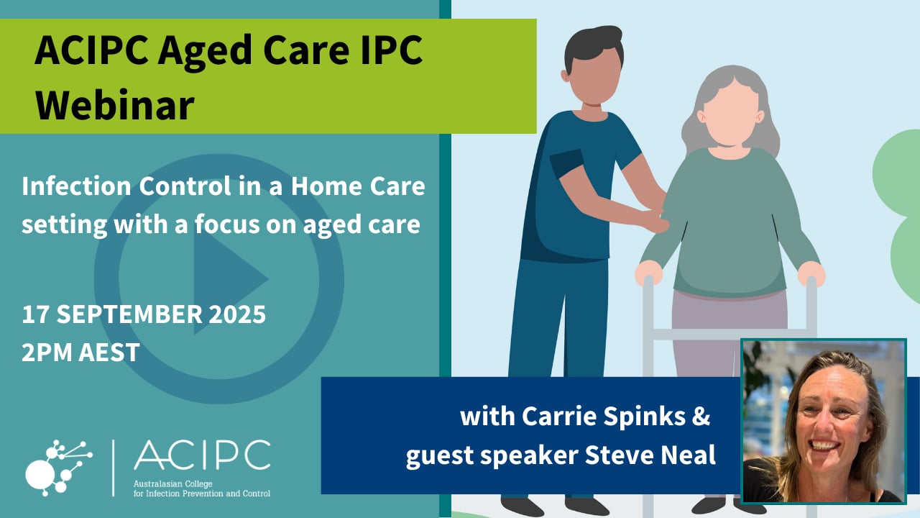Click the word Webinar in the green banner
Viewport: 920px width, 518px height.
click(x=115, y=105)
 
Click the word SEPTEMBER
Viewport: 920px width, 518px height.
click(x=129, y=314)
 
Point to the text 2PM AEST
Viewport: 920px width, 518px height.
click(x=80, y=353)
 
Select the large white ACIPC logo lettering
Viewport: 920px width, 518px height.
click(x=202, y=455)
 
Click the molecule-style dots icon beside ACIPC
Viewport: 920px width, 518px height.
click(x=58, y=468)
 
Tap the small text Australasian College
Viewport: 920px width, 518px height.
click(x=173, y=484)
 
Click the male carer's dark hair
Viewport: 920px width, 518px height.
click(x=594, y=45)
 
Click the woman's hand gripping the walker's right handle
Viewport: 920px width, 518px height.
click(x=811, y=273)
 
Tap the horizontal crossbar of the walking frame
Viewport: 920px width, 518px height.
click(x=730, y=335)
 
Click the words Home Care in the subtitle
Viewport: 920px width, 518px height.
click(x=358, y=186)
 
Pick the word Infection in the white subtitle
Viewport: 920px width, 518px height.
click(x=76, y=186)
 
